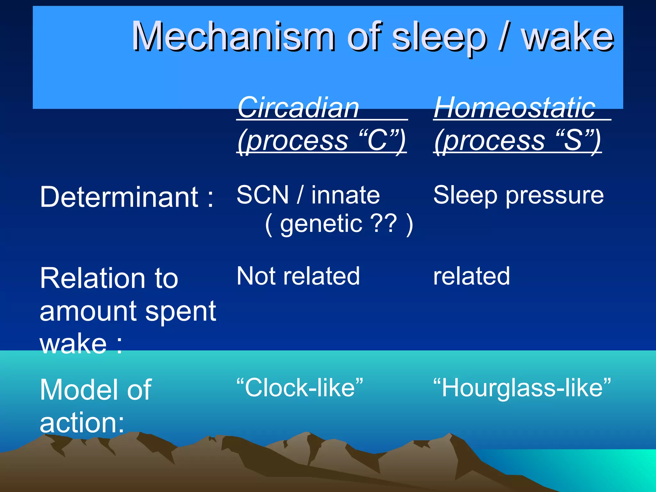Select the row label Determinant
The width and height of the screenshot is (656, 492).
tap(119, 197)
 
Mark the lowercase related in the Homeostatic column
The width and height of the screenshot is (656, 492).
tap(471, 276)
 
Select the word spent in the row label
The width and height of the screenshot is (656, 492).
tap(181, 312)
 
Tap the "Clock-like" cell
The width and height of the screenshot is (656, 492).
tap(300, 387)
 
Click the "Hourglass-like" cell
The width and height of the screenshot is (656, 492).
tap(522, 387)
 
